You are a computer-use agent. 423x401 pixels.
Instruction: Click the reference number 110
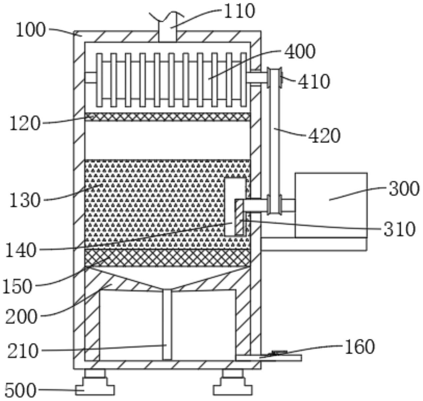(239, 11)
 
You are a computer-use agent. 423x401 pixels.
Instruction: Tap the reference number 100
(31, 30)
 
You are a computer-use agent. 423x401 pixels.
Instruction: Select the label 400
(300, 52)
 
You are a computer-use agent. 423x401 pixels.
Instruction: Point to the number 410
(314, 81)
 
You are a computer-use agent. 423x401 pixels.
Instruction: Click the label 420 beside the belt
(324, 136)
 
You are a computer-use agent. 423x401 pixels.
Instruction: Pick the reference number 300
(404, 189)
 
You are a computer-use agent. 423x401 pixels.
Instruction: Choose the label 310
(400, 229)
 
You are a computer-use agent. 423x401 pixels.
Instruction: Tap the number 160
(360, 347)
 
